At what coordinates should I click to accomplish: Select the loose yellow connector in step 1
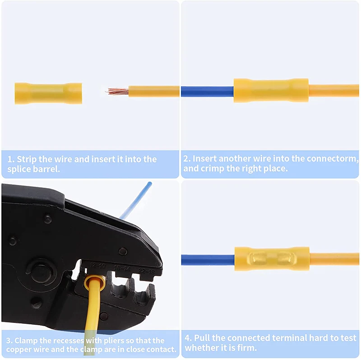coord(48,93)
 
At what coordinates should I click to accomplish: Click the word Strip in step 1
coord(30,159)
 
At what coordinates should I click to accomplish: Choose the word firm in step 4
coord(246,348)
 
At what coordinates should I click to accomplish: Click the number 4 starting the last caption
coord(187,338)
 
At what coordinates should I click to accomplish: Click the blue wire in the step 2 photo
coord(207,92)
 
